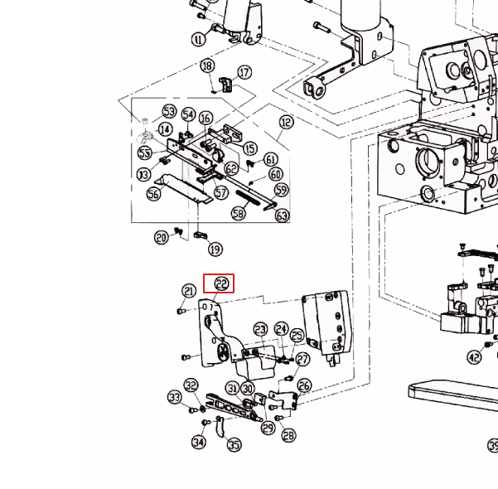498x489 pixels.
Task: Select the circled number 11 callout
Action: [x=198, y=39]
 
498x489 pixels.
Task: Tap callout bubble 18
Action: [x=207, y=66]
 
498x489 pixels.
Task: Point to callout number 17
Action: [x=244, y=73]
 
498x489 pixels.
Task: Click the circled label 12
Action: [x=286, y=123]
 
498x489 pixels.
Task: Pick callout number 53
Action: [x=169, y=111]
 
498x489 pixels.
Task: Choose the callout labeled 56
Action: [x=153, y=194]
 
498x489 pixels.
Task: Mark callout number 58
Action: [x=239, y=213]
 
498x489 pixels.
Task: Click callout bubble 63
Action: [x=283, y=216]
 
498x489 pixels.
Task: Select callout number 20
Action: [x=162, y=238]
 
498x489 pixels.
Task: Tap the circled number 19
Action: [x=215, y=249]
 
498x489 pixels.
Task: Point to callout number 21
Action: [x=189, y=291]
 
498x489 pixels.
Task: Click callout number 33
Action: [x=174, y=398]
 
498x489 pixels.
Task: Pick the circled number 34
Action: [x=199, y=443]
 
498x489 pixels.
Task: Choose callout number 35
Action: [x=234, y=445]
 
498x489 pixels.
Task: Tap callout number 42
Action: [x=473, y=358]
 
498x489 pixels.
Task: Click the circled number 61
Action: [x=271, y=159]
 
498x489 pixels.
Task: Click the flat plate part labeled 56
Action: [x=186, y=189]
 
